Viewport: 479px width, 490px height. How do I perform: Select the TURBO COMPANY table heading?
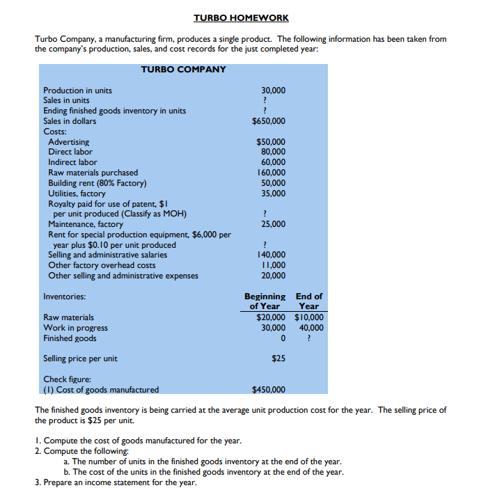(x=183, y=70)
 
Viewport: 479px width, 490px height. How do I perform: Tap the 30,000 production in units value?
(x=273, y=90)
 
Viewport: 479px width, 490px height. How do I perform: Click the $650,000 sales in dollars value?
(x=269, y=121)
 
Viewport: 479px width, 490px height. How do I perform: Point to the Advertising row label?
(x=68, y=142)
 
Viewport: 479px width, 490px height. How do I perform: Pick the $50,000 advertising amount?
(x=271, y=142)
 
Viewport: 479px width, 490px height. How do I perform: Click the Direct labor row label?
(x=70, y=152)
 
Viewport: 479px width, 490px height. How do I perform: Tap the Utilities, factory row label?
(x=77, y=193)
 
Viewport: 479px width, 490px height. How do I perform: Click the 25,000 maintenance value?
(x=273, y=224)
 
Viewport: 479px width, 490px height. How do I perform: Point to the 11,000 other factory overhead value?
(x=273, y=265)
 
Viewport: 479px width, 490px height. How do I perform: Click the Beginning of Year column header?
(x=265, y=301)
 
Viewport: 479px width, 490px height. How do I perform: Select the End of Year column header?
(x=308, y=301)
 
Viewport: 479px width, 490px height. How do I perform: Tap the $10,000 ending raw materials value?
(x=308, y=317)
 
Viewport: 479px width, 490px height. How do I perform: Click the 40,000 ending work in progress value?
(x=311, y=328)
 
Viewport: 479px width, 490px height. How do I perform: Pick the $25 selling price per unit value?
(x=278, y=359)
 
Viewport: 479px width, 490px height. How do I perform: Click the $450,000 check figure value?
(x=269, y=390)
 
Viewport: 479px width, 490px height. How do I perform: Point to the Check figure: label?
(x=65, y=379)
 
